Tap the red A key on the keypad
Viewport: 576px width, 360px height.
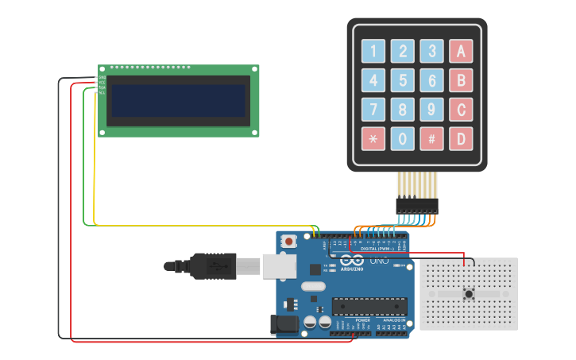461,51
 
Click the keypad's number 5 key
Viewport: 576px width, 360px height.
403,80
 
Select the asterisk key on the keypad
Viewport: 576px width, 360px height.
373,139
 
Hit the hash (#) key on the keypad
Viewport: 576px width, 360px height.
431,139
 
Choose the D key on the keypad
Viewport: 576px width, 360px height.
461,139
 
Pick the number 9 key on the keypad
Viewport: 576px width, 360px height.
431,110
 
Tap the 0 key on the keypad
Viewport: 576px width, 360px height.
403,139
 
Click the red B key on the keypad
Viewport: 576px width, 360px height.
461,80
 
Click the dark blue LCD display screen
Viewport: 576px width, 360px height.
179,101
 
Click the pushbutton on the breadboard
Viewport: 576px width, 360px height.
469,294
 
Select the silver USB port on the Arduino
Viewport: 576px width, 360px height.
279,266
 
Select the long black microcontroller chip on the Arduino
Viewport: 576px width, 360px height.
369,306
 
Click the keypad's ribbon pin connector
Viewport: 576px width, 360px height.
417,205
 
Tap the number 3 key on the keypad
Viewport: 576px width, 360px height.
431,51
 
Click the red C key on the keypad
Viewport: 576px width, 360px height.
461,110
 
